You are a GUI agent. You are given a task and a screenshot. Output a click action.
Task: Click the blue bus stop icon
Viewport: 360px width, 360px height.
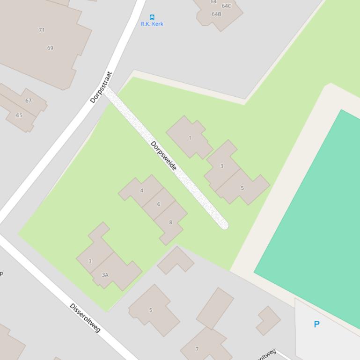pyautogui.click(x=152, y=17)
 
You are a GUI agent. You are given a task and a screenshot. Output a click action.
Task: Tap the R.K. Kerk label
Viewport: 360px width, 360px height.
pyautogui.click(x=152, y=24)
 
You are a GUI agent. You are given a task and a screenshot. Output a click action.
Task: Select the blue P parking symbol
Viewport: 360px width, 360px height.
pyautogui.click(x=317, y=324)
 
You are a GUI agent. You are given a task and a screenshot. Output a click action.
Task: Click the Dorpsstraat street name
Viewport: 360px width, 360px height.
pyautogui.click(x=102, y=87)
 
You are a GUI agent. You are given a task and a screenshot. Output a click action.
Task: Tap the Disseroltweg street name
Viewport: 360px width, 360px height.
pyautogui.click(x=85, y=318)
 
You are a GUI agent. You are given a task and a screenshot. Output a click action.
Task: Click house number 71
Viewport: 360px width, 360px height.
pyautogui.click(x=42, y=30)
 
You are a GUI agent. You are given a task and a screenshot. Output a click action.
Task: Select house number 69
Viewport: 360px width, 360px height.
pyautogui.click(x=50, y=48)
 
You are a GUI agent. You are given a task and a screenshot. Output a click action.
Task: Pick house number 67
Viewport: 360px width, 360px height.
pyautogui.click(x=29, y=101)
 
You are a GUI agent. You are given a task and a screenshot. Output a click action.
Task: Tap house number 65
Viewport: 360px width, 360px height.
pyautogui.click(x=19, y=115)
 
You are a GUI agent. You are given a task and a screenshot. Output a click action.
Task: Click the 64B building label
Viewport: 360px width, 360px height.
pyautogui.click(x=216, y=14)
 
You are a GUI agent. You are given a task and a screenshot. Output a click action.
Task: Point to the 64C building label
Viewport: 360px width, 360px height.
pyautogui.click(x=227, y=6)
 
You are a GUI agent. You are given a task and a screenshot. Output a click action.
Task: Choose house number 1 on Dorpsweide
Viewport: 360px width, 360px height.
pyautogui.click(x=190, y=138)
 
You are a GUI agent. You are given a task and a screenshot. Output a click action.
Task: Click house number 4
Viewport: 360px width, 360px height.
pyautogui.click(x=142, y=190)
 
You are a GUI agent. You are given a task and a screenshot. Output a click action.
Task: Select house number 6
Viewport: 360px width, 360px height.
pyautogui.click(x=159, y=204)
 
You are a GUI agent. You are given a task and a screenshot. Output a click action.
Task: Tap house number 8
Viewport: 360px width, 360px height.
pyautogui.click(x=170, y=222)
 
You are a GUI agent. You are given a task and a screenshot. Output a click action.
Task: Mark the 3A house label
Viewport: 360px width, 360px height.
pyautogui.click(x=105, y=275)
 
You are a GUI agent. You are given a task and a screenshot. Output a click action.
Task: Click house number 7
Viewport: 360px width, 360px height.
pyautogui.click(x=197, y=349)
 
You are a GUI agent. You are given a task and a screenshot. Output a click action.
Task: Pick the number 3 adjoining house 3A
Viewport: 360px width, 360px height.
pyautogui.click(x=90, y=261)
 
